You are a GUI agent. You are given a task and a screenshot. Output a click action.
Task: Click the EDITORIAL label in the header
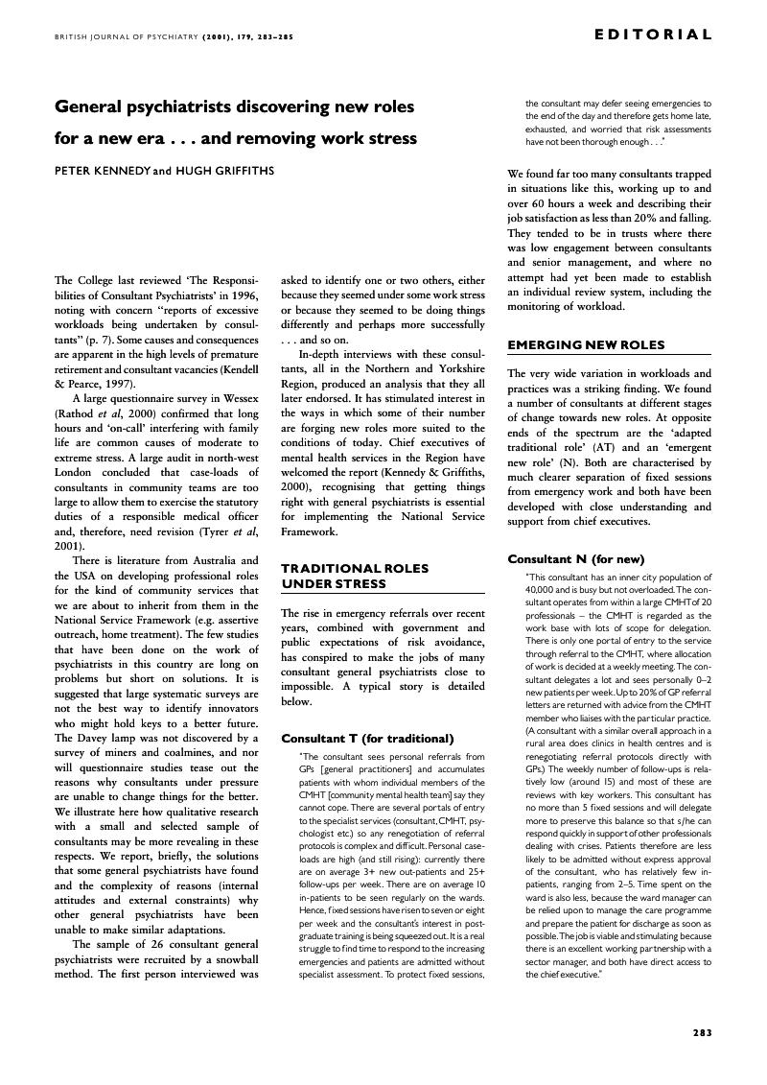pos(653,35)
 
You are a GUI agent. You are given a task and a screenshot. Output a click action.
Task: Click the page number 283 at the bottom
pos(702,1032)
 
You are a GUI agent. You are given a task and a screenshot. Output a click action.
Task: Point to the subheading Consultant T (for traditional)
pos(367,738)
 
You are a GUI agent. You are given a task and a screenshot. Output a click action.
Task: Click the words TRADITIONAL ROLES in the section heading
pos(340,568)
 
